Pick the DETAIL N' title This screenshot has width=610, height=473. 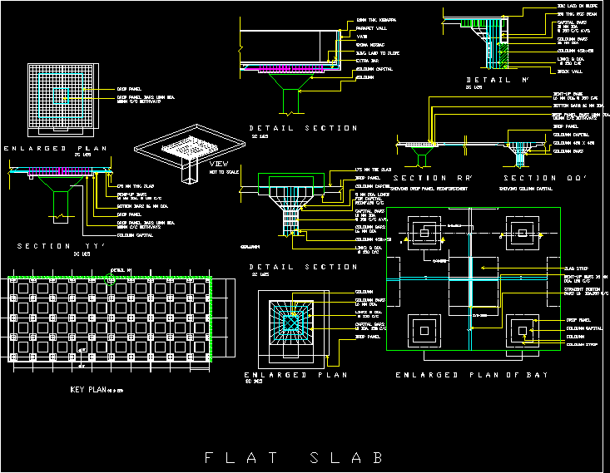pos(499,81)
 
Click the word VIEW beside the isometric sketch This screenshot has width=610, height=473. pos(219,164)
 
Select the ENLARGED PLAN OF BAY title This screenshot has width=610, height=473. pos(471,375)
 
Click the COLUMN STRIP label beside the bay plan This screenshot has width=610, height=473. pos(581,344)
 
